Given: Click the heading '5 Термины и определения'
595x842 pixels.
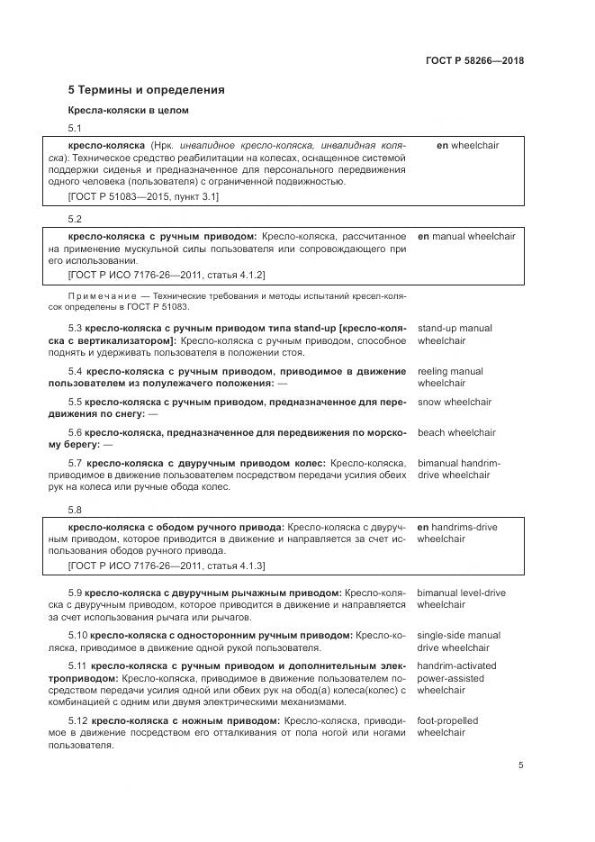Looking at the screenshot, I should click(147, 90).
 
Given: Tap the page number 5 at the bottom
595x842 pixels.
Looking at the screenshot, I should click(521, 765).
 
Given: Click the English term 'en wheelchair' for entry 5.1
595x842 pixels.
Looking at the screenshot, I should click(467, 145).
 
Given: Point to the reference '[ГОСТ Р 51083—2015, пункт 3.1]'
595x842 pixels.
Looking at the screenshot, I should click(144, 195).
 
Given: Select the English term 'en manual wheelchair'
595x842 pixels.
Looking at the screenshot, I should click(466, 236).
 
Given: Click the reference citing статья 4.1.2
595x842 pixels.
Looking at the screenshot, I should click(167, 274).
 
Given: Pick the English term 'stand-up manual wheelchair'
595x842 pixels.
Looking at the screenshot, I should click(455, 335).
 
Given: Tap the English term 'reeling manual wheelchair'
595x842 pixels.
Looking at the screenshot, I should click(450, 377).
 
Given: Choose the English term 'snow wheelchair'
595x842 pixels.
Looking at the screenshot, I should click(455, 402).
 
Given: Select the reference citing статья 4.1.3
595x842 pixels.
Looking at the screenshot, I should click(167, 566).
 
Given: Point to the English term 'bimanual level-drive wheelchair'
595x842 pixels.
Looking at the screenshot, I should click(461, 599).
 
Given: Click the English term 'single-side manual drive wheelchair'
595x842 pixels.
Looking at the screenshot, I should click(458, 641).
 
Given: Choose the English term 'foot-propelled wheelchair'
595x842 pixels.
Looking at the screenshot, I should click(447, 727).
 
